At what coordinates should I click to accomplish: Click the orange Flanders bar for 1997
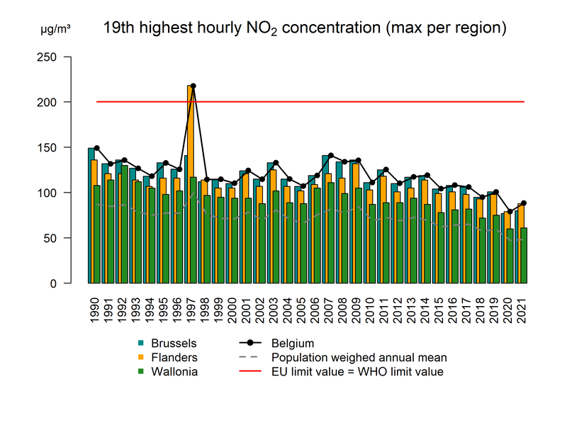pyautogui.click(x=190, y=184)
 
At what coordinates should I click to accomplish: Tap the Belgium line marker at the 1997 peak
pyautogui.click(x=193, y=86)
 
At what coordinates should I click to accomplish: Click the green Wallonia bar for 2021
pyautogui.click(x=523, y=255)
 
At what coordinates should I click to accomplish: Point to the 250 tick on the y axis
pyautogui.click(x=67, y=57)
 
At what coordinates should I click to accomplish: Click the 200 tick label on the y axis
pyautogui.click(x=52, y=102)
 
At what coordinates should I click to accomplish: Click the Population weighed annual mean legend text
pyautogui.click(x=359, y=358)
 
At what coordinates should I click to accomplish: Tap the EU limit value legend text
pyautogui.click(x=357, y=371)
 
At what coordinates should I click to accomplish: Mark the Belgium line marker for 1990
pyautogui.click(x=97, y=148)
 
